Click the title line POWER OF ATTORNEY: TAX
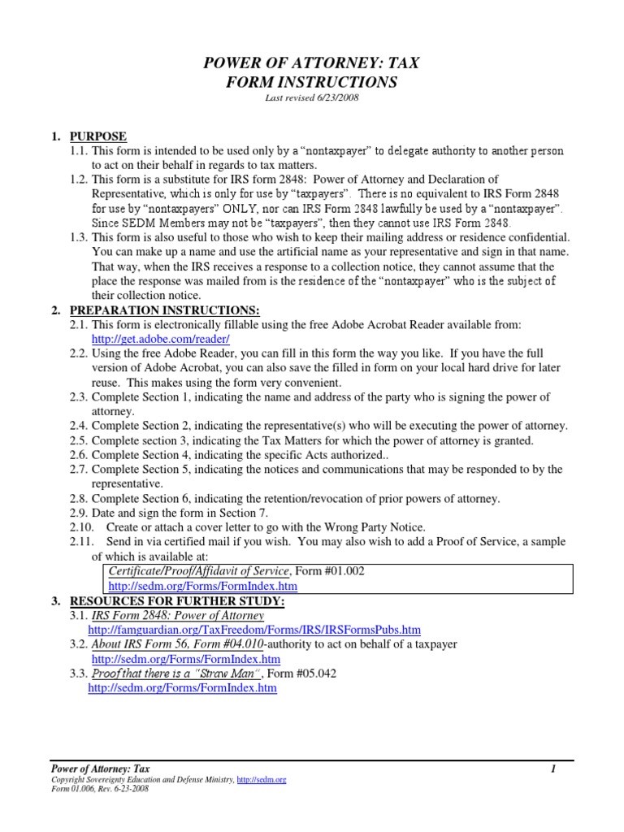coord(312,63)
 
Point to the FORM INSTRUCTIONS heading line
coord(312,82)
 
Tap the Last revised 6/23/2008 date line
coord(312,98)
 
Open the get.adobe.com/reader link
coord(161,339)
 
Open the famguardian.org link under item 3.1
coord(254,630)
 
